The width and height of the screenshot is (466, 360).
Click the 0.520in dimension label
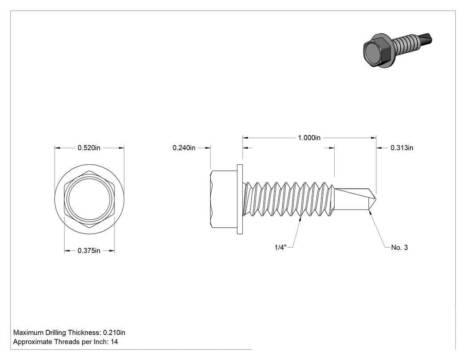click(x=89, y=148)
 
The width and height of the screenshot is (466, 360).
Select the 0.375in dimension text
click(x=89, y=251)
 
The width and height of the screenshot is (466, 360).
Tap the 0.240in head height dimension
click(x=184, y=148)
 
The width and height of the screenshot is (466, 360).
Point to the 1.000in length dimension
click(x=309, y=138)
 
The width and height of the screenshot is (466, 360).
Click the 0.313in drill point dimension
click(x=402, y=148)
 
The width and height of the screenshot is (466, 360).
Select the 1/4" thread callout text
click(x=280, y=247)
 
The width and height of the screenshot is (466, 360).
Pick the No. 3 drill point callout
click(x=399, y=247)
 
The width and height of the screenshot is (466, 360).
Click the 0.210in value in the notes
click(x=114, y=332)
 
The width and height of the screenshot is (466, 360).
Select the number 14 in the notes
click(x=115, y=342)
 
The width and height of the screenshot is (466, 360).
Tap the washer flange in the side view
click(x=240, y=199)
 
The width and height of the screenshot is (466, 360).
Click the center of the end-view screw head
click(x=90, y=199)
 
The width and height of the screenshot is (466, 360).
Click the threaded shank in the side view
click(x=289, y=199)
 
